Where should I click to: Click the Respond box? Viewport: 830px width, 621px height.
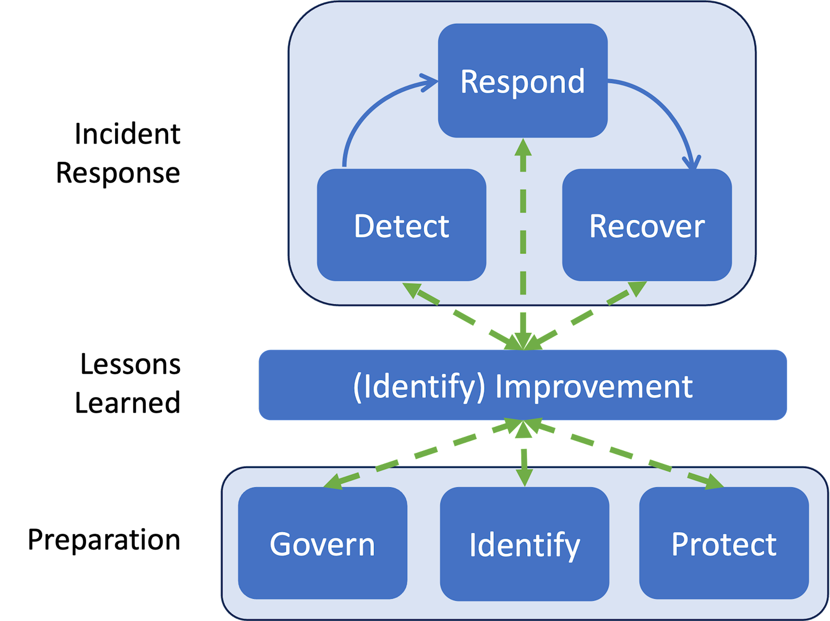522,80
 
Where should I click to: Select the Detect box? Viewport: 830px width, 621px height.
401,225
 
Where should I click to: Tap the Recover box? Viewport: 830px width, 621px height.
646,225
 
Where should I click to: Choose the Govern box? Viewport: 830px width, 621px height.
322,543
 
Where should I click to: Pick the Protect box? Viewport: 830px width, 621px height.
724,543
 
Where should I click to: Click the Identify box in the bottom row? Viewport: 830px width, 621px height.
524,544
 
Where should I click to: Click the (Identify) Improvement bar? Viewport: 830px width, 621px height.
522,385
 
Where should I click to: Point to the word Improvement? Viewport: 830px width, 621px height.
593,386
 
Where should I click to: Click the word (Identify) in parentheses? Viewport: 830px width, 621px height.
419,386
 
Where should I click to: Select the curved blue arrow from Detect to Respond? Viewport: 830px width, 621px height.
363,114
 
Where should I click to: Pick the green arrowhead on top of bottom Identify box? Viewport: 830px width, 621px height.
524,477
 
